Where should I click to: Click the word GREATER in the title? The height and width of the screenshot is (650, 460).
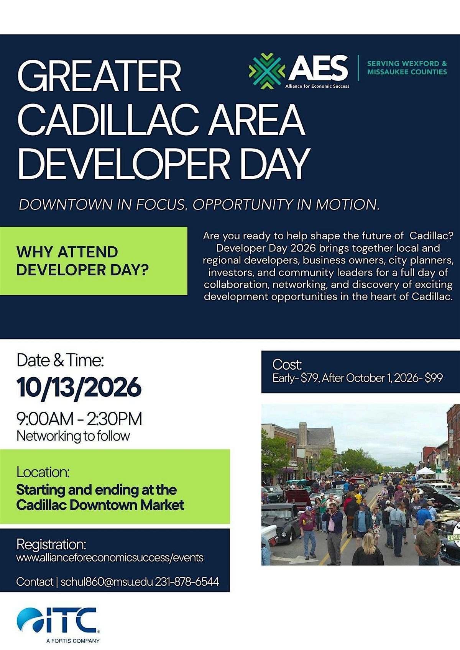click(100, 76)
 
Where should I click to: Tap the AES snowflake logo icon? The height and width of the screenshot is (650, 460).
click(267, 71)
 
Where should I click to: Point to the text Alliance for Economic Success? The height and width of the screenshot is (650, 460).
click(317, 86)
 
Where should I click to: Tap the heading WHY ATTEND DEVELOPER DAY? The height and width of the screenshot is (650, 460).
click(82, 261)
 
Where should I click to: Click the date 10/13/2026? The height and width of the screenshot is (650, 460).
click(79, 387)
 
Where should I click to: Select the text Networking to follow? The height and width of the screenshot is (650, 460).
click(73, 436)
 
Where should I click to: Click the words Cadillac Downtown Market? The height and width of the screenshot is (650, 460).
click(100, 505)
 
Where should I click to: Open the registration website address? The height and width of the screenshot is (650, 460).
click(110, 558)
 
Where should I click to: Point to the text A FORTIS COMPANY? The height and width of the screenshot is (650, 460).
click(73, 641)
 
